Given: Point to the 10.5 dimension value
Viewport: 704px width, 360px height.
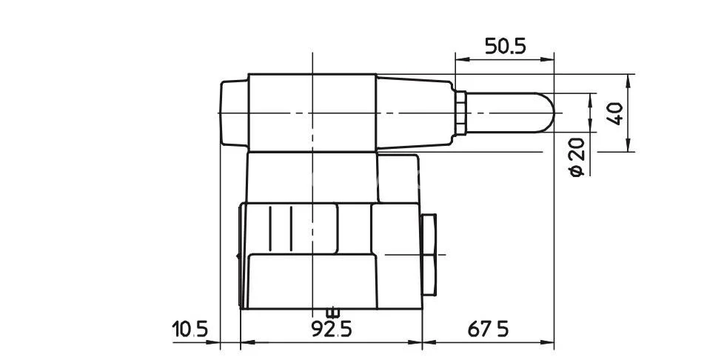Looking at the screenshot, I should click(x=191, y=329).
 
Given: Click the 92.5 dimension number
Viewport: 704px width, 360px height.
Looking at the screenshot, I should click(x=332, y=329).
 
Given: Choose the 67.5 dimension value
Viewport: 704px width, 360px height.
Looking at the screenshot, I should click(x=488, y=329).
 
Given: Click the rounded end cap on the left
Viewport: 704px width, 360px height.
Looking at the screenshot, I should click(x=234, y=113).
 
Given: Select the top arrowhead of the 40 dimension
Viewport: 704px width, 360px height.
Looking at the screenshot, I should click(x=628, y=80).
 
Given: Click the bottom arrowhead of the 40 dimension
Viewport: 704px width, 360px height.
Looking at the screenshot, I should click(x=628, y=146).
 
